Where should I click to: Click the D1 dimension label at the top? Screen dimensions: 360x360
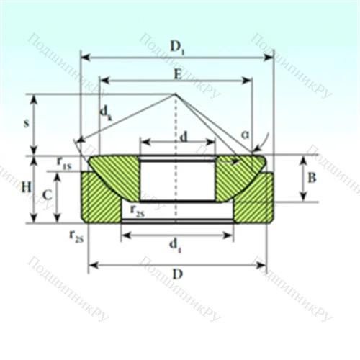(x=176, y=46)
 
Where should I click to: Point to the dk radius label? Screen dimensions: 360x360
(x=106, y=113)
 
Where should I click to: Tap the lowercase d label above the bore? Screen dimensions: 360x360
(x=184, y=135)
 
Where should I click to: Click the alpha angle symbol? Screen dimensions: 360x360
(x=246, y=134)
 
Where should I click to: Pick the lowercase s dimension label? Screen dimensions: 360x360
(x=27, y=123)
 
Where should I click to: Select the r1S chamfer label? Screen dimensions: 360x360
(x=65, y=164)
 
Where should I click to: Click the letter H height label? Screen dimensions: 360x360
(x=26, y=187)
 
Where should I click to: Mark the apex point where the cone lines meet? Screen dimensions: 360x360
(x=175, y=94)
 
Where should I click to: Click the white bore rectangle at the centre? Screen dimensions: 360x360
(x=176, y=180)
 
